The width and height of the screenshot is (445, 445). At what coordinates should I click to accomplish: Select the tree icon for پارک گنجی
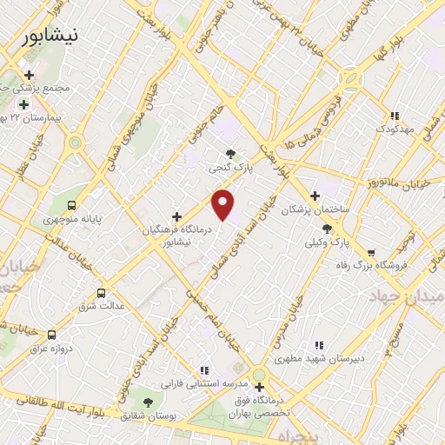(x=230, y=155)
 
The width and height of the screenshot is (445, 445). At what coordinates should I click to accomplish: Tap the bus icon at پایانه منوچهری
(x=71, y=206)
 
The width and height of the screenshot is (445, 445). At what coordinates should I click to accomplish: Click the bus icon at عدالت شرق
(x=102, y=293)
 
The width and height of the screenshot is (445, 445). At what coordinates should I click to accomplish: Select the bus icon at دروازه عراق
(x=52, y=335)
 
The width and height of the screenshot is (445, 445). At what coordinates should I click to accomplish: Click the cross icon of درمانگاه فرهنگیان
(x=177, y=216)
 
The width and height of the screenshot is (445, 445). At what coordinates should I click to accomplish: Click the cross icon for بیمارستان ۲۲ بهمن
(x=23, y=104)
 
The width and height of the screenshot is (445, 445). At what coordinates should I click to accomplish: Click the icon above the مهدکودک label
(x=395, y=116)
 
